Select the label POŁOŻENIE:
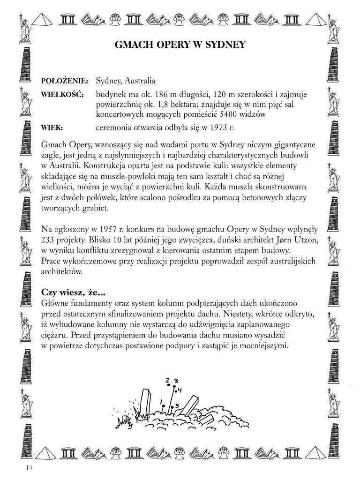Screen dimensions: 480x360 pos(65,81)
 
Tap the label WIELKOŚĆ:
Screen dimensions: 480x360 pos(62,95)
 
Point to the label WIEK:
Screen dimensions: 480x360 pos(52,127)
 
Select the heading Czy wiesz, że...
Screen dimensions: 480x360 pos(73,292)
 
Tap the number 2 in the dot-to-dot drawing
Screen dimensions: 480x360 pos(167,380)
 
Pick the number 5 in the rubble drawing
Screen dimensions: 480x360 pos(177,405)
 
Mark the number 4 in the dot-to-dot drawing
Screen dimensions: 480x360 pos(180,390)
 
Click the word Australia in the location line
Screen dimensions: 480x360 pos(138,81)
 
